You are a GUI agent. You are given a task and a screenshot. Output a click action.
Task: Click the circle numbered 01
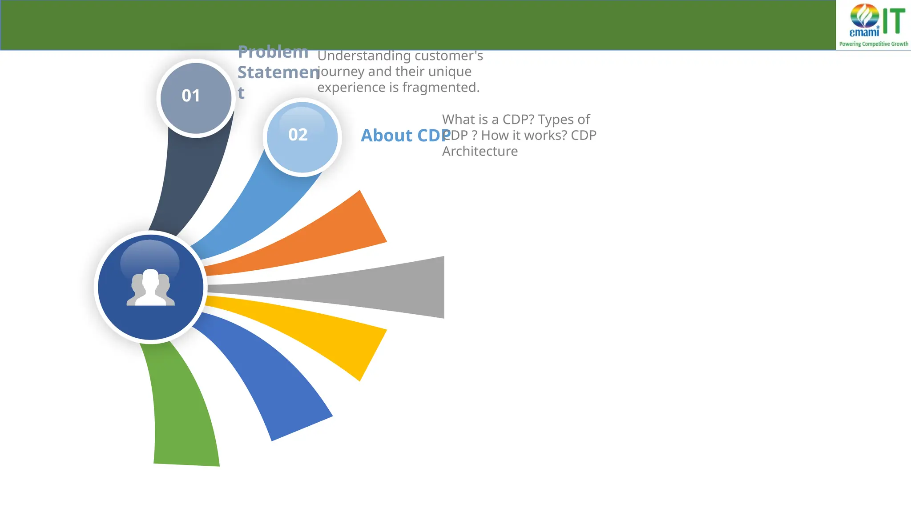click(x=196, y=98)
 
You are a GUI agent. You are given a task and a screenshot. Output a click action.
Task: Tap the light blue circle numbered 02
click(x=302, y=137)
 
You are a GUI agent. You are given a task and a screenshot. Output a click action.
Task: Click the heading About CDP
click(x=405, y=136)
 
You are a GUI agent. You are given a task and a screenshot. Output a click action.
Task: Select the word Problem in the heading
click(x=273, y=52)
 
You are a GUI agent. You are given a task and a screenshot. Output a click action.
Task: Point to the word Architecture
click(x=480, y=152)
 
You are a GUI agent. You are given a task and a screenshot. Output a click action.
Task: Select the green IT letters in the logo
click(x=894, y=21)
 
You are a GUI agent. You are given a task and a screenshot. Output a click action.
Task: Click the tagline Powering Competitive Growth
click(x=873, y=44)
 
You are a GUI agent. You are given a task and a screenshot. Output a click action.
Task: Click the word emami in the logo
click(x=864, y=32)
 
